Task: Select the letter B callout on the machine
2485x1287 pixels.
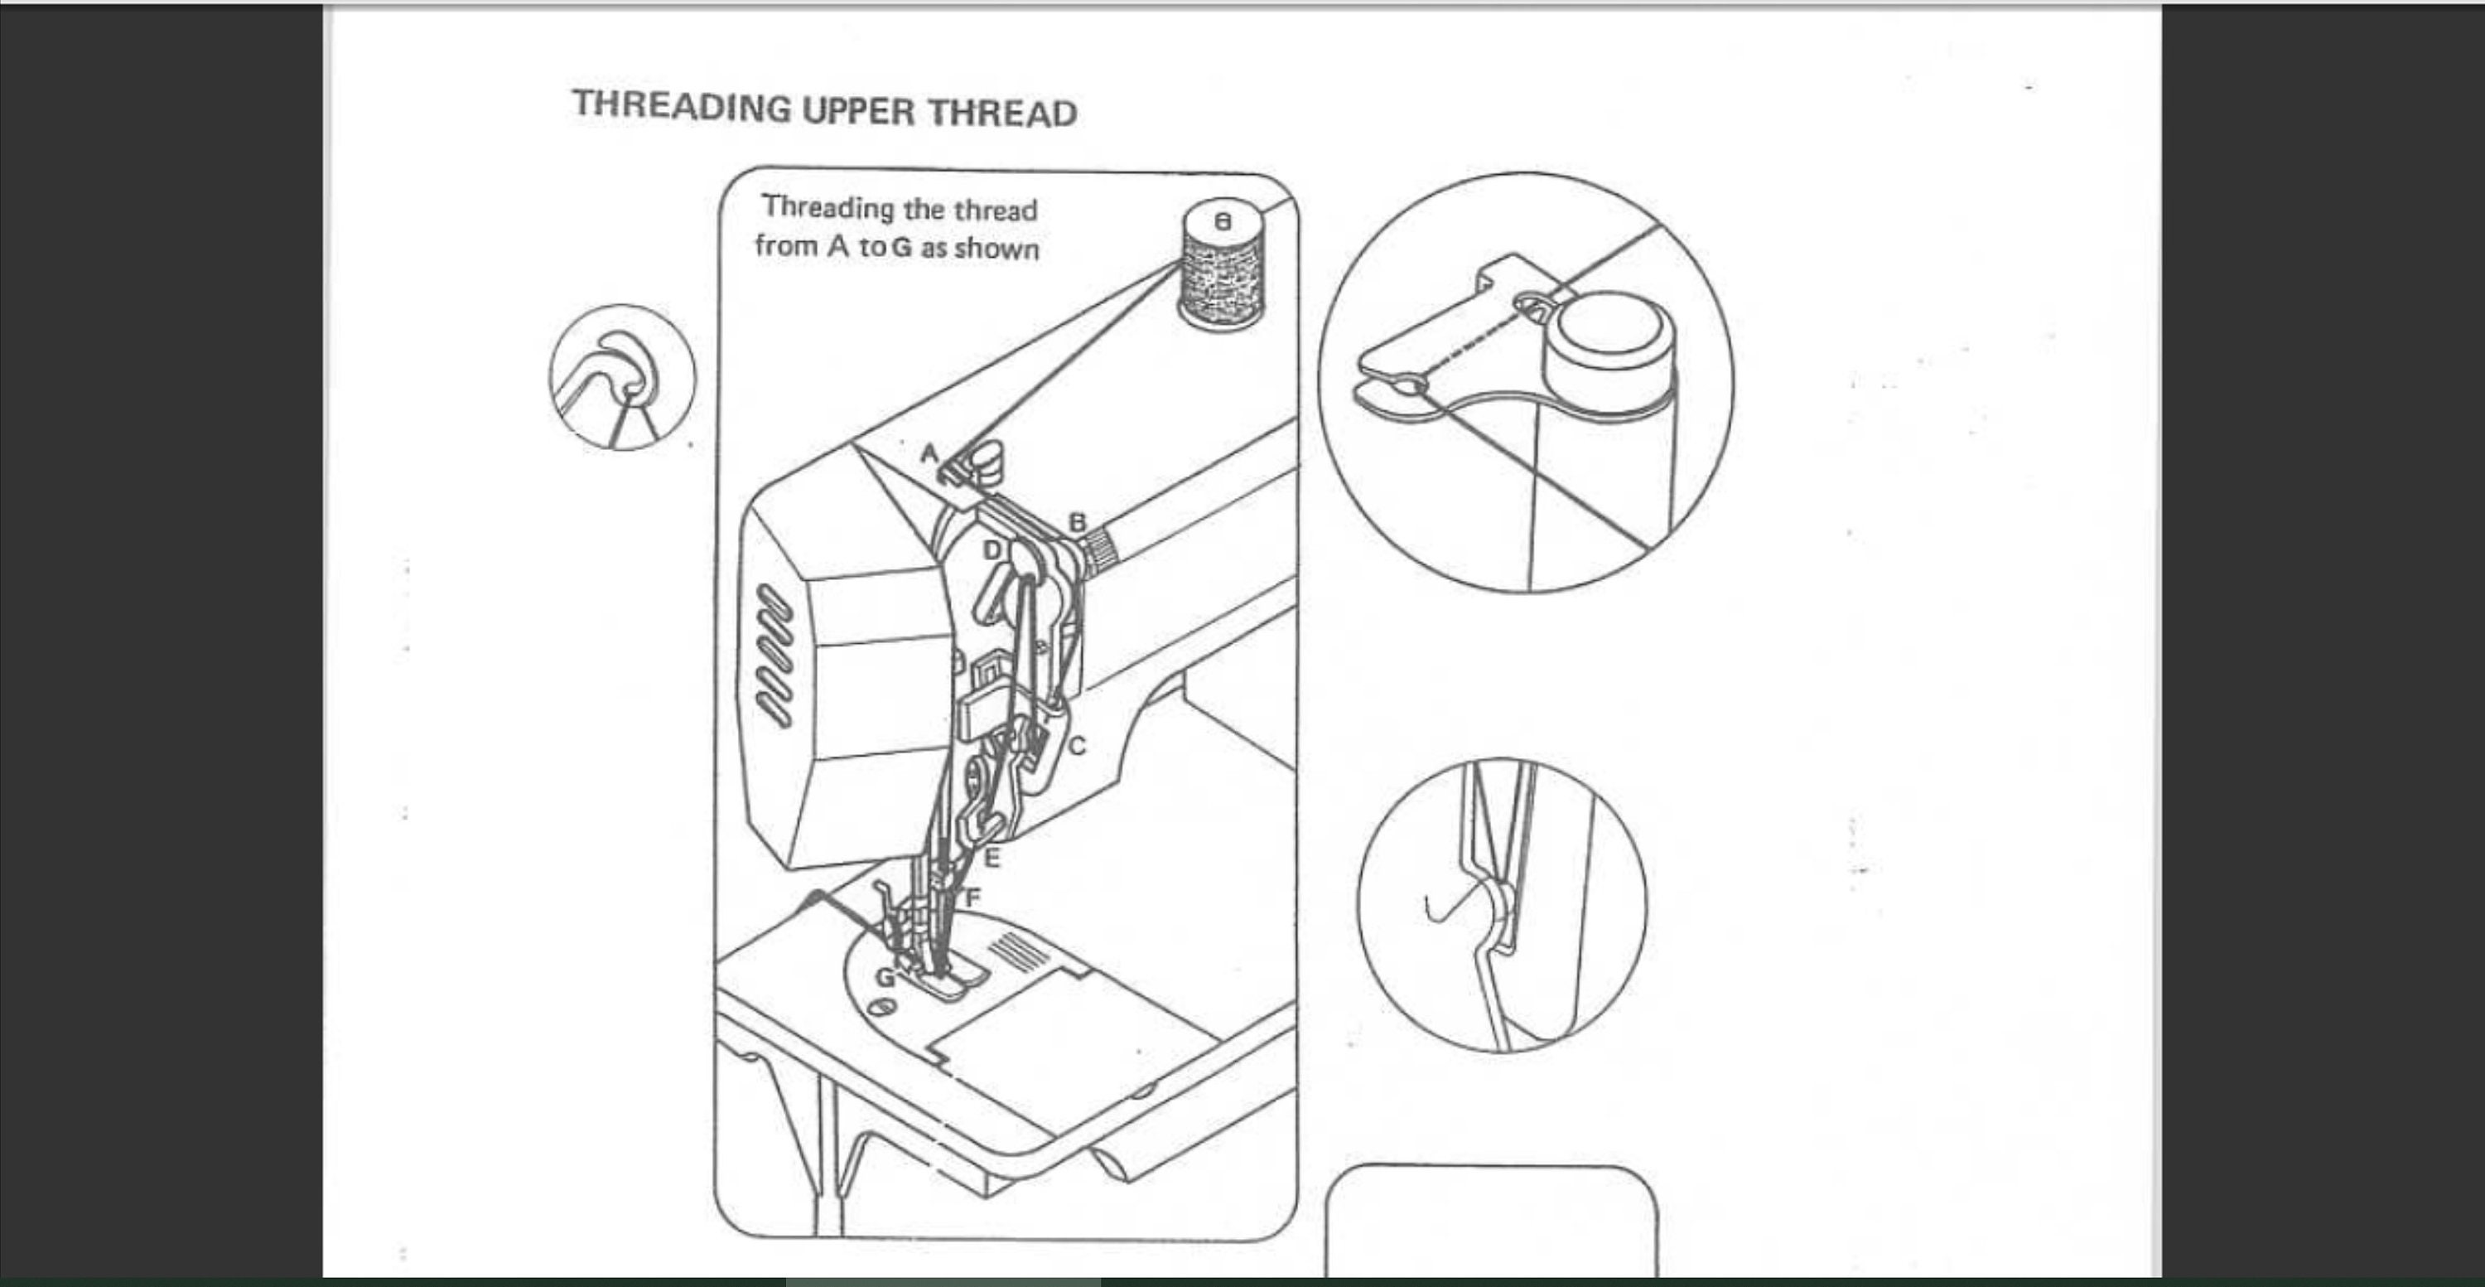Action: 1078,522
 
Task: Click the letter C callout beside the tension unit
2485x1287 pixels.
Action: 1078,746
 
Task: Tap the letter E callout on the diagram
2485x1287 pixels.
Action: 992,857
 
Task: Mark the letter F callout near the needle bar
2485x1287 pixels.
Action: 972,898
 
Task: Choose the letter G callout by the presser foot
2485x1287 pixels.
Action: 885,977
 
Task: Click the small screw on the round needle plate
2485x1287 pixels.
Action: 881,1009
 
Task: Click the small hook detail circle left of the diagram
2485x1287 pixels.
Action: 622,377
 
